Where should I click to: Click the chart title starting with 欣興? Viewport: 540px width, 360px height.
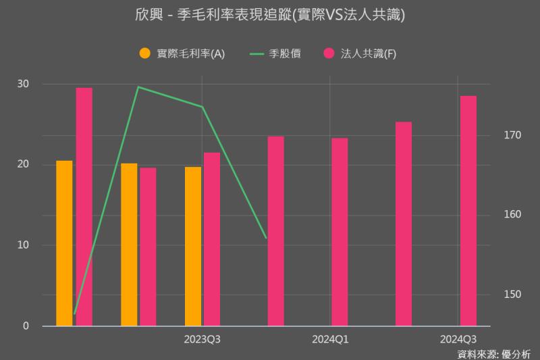pos(270,15)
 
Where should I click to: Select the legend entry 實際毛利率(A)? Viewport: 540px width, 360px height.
pos(190,53)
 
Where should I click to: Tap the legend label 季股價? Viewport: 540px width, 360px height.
pos(290,53)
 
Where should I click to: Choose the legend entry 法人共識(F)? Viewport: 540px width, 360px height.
pos(368,53)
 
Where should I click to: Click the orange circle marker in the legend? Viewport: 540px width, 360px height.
pos(144,53)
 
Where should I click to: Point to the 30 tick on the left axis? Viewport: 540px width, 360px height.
pos(24,84)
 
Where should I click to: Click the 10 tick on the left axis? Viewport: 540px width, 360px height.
pos(24,245)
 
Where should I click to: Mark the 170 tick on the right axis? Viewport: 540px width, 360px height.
pos(512,135)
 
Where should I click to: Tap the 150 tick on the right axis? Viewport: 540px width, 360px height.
pos(512,294)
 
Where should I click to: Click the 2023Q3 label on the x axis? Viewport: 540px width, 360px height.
pos(202,339)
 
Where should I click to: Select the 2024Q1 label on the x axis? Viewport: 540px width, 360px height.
pos(330,339)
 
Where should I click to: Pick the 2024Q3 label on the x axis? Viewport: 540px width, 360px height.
pos(458,339)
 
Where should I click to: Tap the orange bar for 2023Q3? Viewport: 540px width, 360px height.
pos(193,246)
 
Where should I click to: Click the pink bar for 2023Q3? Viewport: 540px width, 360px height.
pos(212,239)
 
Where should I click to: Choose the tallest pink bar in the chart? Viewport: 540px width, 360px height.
pos(84,207)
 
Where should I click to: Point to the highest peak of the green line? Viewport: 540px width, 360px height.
pos(138,87)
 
